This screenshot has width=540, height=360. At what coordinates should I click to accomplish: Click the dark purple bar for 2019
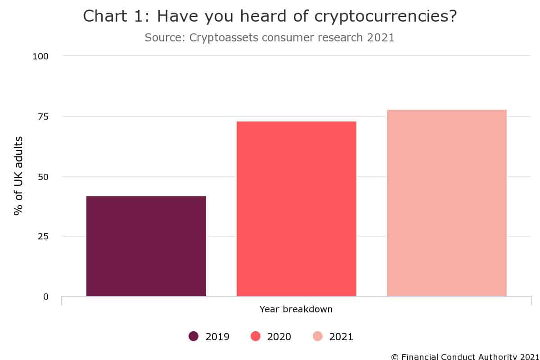click(146, 246)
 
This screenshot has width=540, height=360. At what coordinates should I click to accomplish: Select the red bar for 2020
click(297, 209)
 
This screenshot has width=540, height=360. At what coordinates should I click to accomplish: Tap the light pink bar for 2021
click(447, 203)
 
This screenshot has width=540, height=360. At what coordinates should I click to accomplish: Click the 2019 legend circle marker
click(194, 336)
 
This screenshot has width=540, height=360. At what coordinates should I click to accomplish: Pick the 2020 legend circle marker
click(256, 336)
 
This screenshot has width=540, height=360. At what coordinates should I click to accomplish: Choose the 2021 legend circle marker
click(318, 336)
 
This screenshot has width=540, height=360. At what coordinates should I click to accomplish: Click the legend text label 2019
click(217, 337)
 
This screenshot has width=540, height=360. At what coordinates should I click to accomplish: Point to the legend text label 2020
click(279, 337)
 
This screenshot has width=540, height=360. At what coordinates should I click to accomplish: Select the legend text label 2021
click(341, 337)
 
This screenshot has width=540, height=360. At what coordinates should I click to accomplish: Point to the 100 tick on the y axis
click(40, 56)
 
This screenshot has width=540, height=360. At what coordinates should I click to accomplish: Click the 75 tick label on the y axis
click(43, 117)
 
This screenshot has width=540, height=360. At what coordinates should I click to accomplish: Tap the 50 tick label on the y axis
click(43, 176)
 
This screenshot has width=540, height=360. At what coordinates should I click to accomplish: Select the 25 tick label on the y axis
click(43, 236)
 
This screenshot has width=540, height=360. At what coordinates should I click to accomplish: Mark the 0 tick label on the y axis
click(46, 297)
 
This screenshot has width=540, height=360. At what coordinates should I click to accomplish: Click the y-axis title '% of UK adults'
click(18, 175)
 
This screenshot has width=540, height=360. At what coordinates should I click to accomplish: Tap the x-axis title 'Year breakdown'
click(296, 309)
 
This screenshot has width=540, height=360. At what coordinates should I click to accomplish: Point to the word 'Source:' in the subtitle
click(165, 37)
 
